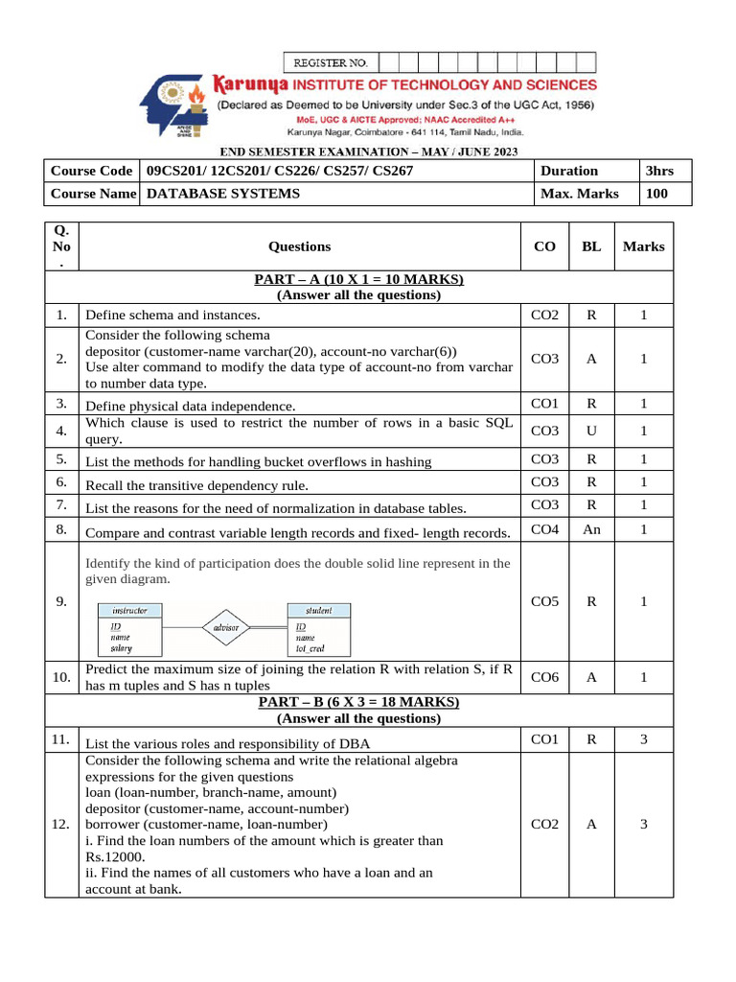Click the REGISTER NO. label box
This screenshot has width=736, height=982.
point(331,62)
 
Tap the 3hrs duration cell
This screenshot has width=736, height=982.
point(659,171)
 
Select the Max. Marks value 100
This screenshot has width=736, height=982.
point(656,194)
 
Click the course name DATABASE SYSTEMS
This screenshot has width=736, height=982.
point(222,194)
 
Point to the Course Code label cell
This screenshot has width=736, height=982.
point(91,171)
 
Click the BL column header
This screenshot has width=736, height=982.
point(591,246)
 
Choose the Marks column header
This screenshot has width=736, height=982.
point(643,246)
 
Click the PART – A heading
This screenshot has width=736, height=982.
point(358,279)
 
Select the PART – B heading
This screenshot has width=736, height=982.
point(358,702)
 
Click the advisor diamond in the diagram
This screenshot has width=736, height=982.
point(226,628)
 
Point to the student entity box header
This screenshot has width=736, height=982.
point(319,610)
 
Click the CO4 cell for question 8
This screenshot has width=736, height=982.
point(544,528)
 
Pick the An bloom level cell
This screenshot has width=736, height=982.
point(591,528)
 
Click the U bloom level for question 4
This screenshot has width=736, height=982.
point(591,431)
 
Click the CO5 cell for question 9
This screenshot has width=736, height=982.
point(544,601)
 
